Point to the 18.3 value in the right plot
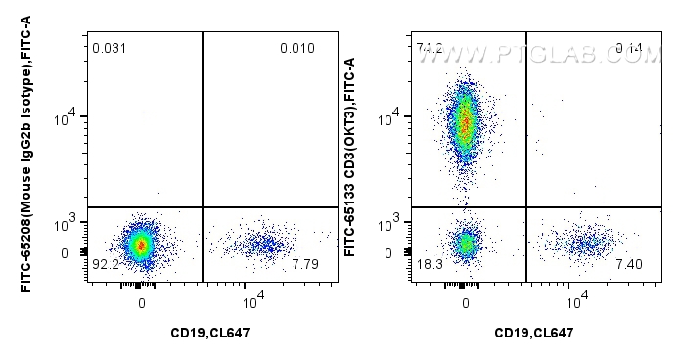(x=428, y=264)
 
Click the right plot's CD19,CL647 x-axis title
(x=533, y=333)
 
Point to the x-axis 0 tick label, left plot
(x=143, y=304)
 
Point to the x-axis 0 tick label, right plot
(x=467, y=304)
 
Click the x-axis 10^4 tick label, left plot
(x=251, y=301)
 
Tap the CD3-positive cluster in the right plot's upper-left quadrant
(x=466, y=122)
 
